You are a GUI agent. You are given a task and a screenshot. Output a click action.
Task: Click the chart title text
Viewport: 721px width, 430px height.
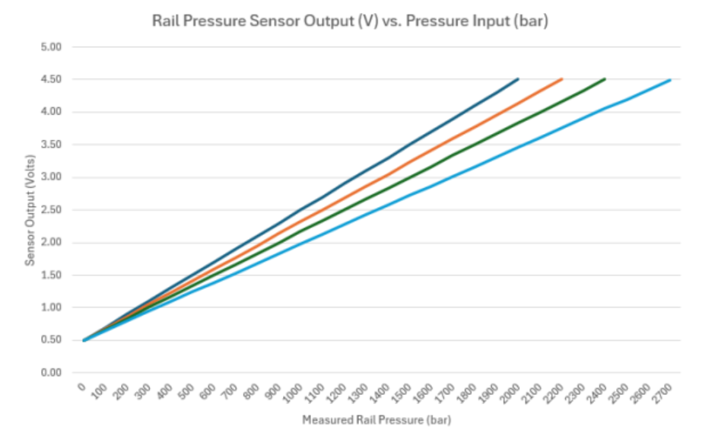pos(349,22)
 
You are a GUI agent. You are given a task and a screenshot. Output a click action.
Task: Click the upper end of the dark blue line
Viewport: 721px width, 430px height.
pos(518,78)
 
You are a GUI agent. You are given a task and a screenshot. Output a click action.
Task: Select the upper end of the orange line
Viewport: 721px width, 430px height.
pos(561,78)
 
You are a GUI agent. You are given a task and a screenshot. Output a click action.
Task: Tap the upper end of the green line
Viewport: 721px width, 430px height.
pos(605,78)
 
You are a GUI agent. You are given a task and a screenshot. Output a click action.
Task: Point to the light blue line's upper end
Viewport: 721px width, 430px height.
pos(670,79)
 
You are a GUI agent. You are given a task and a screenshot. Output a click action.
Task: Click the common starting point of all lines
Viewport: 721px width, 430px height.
pos(84,340)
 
